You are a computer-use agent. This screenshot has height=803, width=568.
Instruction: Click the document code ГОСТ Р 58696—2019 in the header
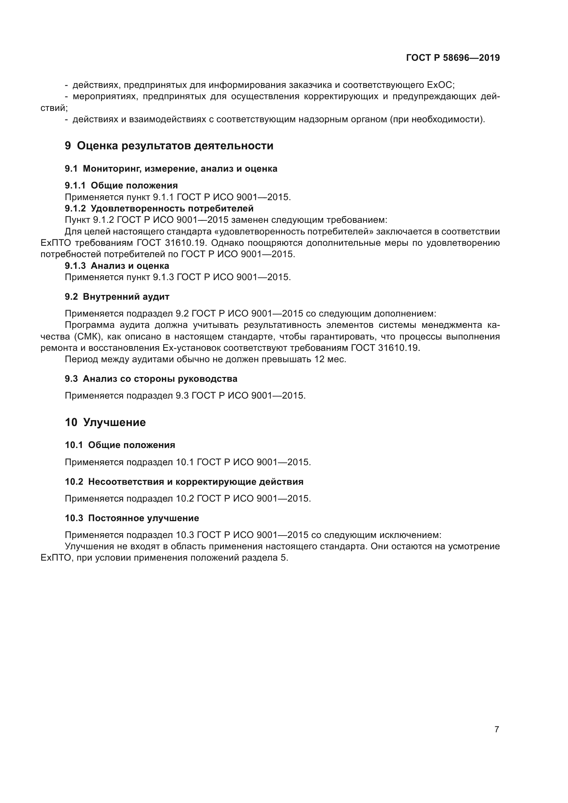point(453,58)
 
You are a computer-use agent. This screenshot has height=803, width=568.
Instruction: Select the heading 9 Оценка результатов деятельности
point(169,146)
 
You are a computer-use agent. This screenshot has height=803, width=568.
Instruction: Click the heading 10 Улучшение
point(105,422)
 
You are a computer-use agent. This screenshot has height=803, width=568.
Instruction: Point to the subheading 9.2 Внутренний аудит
point(117,297)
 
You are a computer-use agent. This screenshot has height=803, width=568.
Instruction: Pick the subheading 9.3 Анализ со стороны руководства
point(151,379)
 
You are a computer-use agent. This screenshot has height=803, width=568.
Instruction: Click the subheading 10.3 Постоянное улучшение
point(132,518)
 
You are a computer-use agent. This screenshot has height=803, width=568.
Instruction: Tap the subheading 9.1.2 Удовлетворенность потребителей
point(159,208)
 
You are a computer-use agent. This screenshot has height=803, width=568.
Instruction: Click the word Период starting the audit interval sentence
point(79,359)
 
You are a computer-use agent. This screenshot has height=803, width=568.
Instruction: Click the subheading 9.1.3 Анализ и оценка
point(117,266)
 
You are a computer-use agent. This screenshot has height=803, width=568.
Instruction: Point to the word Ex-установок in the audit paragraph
point(192,348)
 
